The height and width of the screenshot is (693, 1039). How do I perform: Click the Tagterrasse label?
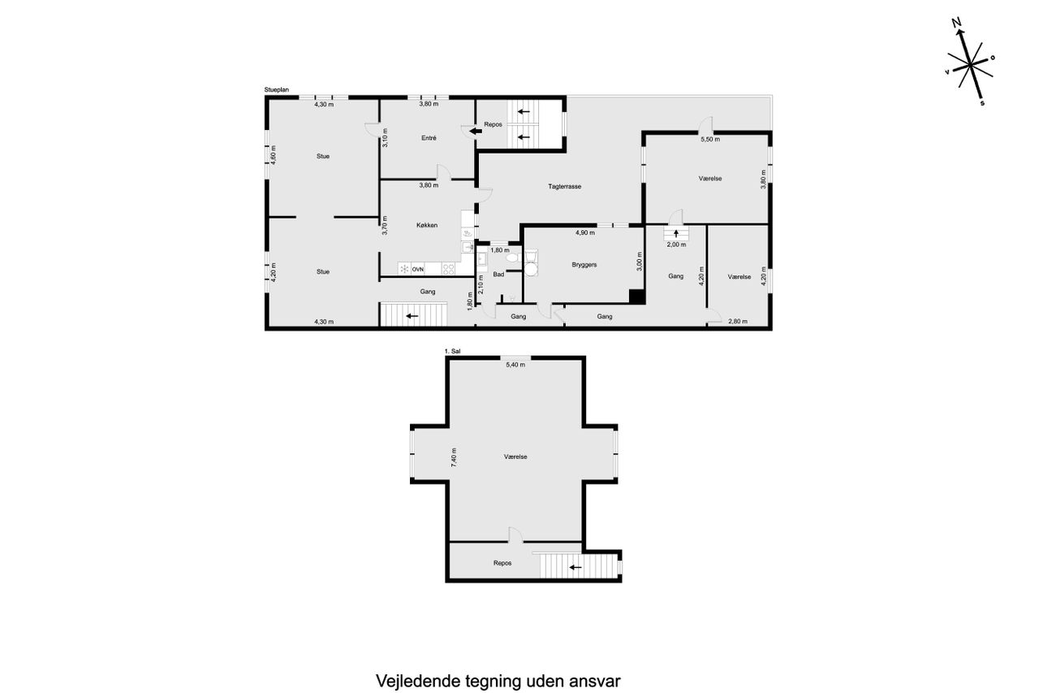click(x=564, y=187)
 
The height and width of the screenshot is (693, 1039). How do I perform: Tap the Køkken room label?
click(x=427, y=225)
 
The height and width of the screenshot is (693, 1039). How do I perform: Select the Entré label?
click(x=429, y=138)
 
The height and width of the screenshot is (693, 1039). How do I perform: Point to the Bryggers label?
click(x=584, y=265)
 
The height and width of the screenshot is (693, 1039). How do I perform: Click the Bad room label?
click(x=498, y=275)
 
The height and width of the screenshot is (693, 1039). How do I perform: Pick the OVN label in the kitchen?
click(x=417, y=269)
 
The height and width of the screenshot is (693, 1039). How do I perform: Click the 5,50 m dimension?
click(x=710, y=139)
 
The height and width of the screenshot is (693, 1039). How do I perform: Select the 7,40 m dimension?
click(x=454, y=457)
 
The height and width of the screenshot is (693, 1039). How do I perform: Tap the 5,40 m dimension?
click(x=515, y=365)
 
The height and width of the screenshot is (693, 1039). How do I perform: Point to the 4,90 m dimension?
click(x=585, y=232)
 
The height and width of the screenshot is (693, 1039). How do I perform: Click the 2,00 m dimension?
click(x=676, y=245)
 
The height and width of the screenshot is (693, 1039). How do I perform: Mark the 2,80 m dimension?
click(x=738, y=321)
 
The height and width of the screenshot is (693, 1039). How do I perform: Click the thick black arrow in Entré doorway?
click(x=476, y=132)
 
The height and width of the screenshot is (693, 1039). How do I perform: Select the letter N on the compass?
click(x=956, y=23)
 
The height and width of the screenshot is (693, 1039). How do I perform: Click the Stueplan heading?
click(x=277, y=90)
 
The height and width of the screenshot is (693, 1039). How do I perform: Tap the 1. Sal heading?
click(x=452, y=351)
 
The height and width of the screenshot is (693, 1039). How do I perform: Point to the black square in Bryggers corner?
click(x=637, y=297)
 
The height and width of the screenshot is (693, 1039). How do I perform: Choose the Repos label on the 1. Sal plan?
click(x=502, y=563)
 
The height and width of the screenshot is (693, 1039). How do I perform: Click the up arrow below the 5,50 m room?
click(x=676, y=233)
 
